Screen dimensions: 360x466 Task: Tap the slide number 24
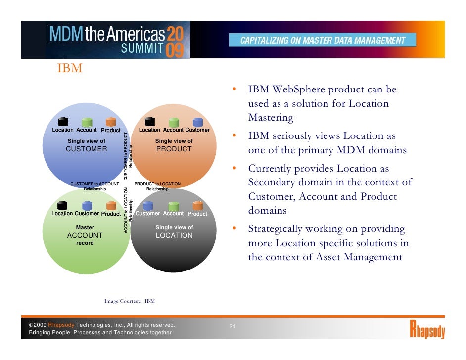[x=232, y=327]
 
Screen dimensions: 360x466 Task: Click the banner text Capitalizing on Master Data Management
[x=323, y=40]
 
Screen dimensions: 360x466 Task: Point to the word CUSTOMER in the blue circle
[x=87, y=149]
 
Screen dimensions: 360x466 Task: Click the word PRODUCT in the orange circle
[x=174, y=149]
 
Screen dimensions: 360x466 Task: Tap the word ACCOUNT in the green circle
[x=85, y=236]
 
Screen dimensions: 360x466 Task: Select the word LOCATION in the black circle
[x=174, y=236]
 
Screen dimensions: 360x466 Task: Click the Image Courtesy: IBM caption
[x=130, y=300]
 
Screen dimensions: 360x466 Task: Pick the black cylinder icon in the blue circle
[x=63, y=122]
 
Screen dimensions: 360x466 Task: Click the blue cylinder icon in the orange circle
[x=198, y=122]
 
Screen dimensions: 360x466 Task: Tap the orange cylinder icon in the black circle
[x=197, y=206]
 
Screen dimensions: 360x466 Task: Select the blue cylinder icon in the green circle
[x=87, y=206]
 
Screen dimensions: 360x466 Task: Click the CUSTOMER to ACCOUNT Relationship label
[x=95, y=186]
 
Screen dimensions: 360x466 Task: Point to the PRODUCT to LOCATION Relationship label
[x=157, y=186]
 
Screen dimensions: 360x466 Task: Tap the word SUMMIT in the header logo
[x=142, y=48]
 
